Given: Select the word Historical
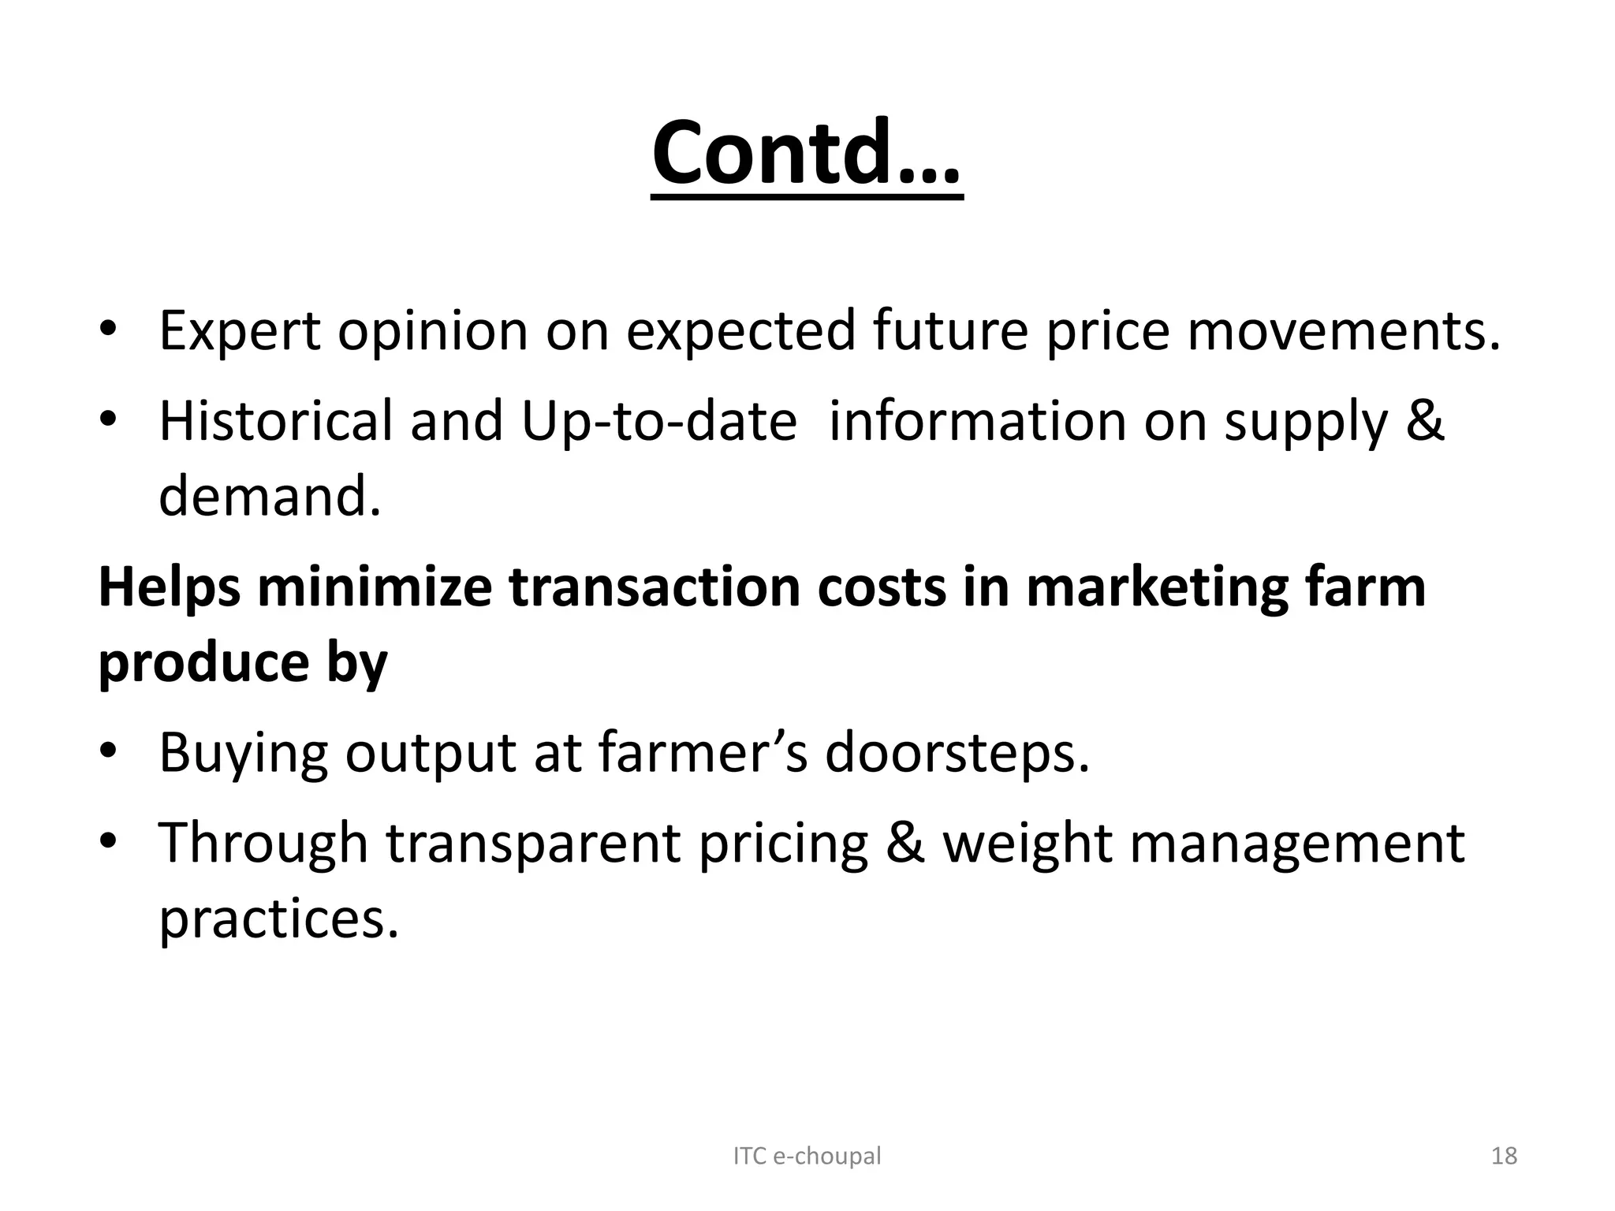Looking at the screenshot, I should tap(275, 421).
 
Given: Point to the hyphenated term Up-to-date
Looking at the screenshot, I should tap(659, 421).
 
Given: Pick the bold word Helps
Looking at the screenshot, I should tap(169, 588).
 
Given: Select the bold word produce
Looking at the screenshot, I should tap(203, 664).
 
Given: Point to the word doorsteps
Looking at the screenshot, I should tap(957, 754).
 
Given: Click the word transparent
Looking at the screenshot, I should tap(533, 844).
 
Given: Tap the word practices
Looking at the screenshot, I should tap(278, 919).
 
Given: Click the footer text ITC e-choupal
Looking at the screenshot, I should tap(807, 1156).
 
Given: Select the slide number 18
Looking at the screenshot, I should tap(1505, 1156).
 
